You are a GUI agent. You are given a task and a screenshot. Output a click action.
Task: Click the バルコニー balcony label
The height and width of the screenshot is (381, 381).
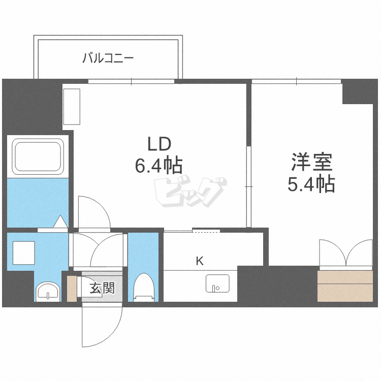pyautogui.click(x=108, y=58)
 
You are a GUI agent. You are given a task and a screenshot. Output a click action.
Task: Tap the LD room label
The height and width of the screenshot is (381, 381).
pyautogui.click(x=160, y=144)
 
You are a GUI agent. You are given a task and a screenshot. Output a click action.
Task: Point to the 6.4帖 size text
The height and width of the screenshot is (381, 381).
pyautogui.click(x=158, y=166)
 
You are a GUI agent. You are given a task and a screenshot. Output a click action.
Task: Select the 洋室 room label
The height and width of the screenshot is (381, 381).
pyautogui.click(x=312, y=162)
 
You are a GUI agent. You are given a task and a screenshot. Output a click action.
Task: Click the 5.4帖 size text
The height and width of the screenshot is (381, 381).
pyautogui.click(x=311, y=184)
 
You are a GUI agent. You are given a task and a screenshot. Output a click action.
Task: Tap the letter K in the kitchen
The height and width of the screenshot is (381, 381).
pyautogui.click(x=200, y=261)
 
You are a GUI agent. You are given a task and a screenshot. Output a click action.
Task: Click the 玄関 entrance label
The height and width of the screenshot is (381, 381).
pyautogui.click(x=102, y=288)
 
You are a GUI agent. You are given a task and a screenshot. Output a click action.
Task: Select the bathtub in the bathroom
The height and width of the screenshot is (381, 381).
pyautogui.click(x=38, y=156)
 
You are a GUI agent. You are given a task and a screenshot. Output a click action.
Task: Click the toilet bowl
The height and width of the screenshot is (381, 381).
pyautogui.click(x=144, y=288)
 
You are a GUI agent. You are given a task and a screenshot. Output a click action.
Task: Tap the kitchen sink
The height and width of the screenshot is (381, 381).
pyautogui.click(x=217, y=283)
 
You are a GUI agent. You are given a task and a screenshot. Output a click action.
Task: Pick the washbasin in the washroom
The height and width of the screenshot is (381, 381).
pyautogui.click(x=48, y=291)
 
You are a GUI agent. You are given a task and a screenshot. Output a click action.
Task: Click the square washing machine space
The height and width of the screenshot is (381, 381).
pyautogui.click(x=23, y=252)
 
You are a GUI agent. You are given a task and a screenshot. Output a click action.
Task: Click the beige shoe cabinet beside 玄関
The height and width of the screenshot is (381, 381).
pyautogui.click(x=72, y=289)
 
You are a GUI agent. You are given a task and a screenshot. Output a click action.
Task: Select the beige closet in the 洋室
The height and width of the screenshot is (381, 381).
pyautogui.click(x=345, y=286)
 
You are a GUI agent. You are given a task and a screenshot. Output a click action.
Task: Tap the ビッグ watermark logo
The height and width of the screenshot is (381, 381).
pyautogui.click(x=190, y=192)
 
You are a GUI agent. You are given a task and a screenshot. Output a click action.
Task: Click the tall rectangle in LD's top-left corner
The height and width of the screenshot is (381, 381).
pyautogui.click(x=72, y=107)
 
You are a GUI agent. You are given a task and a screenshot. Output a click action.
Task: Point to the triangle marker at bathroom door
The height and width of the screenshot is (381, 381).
pyautogui.click(x=60, y=221)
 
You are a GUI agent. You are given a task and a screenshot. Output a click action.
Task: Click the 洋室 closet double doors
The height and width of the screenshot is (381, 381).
pyautogui.click(x=346, y=253)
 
